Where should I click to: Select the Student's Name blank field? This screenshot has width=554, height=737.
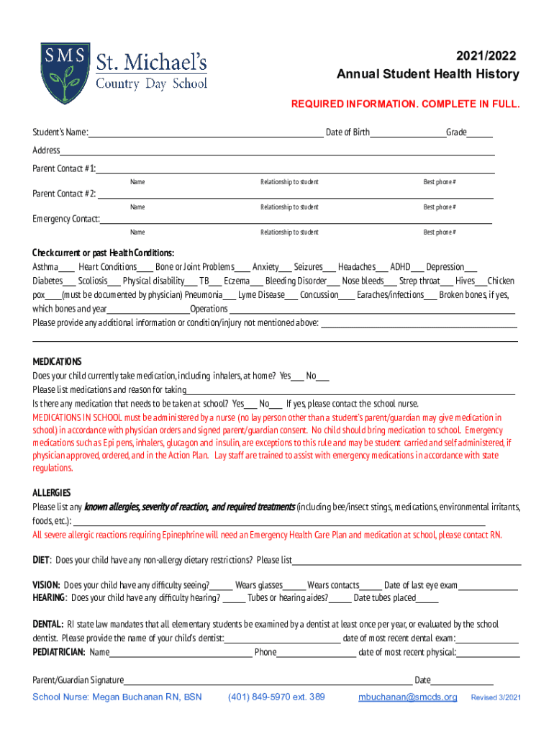tap(205, 133)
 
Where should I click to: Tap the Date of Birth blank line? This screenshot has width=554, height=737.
tap(407, 133)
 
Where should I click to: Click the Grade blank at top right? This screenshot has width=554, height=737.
tap(480, 133)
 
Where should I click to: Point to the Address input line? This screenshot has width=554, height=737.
tap(277, 151)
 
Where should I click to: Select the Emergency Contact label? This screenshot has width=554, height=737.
tap(65, 220)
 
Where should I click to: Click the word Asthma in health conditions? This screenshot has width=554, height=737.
tap(45, 267)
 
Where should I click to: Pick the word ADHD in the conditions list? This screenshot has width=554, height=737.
tap(400, 267)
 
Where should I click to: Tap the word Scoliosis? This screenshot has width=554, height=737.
tap(93, 281)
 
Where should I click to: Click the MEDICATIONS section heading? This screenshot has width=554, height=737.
tap(57, 361)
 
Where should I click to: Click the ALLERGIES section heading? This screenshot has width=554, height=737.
tap(51, 493)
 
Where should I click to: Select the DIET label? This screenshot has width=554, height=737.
tap(41, 560)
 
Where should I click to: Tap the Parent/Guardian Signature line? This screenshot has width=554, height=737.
tap(267, 681)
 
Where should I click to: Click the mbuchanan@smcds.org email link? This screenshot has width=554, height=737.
tap(407, 697)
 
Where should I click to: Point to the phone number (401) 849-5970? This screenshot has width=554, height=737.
tap(276, 697)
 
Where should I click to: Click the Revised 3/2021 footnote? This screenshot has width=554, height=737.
tap(496, 698)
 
